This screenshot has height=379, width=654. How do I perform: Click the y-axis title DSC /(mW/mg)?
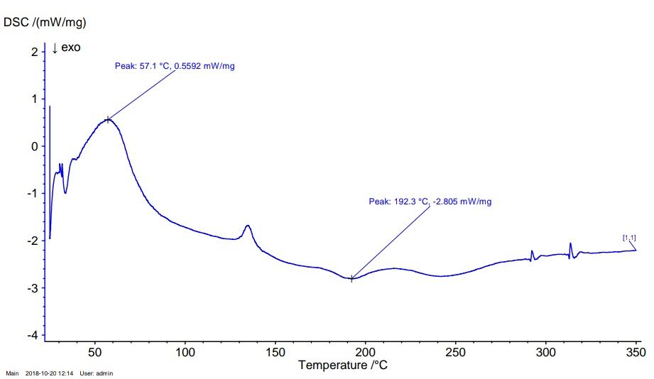click(x=45, y=23)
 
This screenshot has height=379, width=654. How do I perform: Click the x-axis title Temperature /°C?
click(x=343, y=366)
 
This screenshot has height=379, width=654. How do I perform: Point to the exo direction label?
click(x=67, y=48)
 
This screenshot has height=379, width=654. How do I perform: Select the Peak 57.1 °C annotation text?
click(x=174, y=66)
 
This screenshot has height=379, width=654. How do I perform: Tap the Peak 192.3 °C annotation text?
click(x=430, y=202)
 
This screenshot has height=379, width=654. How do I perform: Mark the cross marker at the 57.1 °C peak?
click(x=108, y=119)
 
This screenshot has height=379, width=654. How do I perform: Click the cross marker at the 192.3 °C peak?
click(x=351, y=279)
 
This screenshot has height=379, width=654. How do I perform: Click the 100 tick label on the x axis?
click(x=185, y=352)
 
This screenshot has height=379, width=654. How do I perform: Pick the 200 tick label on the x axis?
click(x=365, y=352)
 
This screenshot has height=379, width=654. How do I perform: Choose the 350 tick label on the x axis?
click(x=636, y=352)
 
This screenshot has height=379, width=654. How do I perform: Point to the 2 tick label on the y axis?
click(x=34, y=52)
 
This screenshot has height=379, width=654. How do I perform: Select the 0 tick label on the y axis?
click(x=34, y=146)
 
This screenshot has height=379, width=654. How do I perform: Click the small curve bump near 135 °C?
click(x=248, y=226)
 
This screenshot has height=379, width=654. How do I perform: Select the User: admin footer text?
click(x=97, y=373)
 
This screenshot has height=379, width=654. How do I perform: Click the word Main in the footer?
click(x=12, y=373)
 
